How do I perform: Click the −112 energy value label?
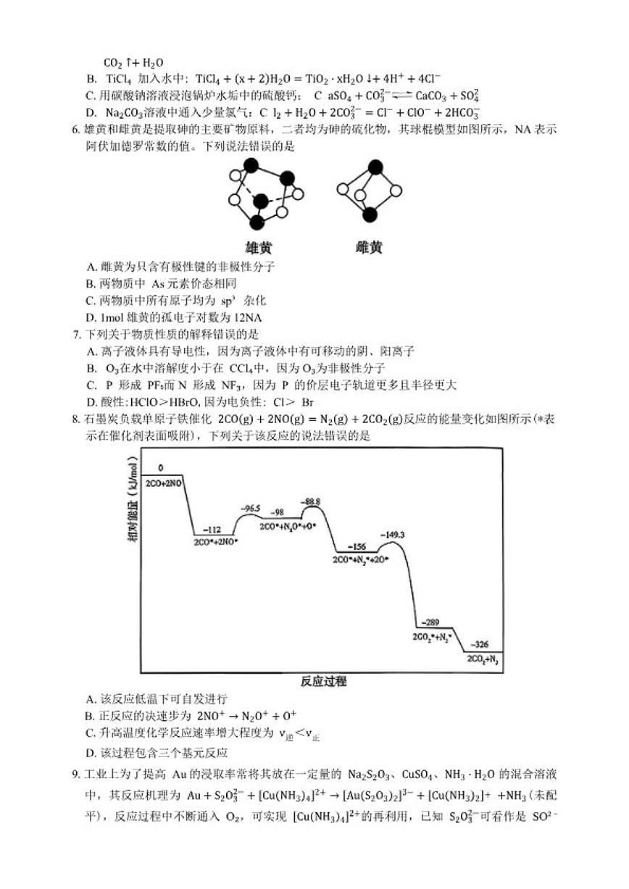click(x=212, y=530)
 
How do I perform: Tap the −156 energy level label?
click(x=357, y=548)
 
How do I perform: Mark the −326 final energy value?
click(x=480, y=644)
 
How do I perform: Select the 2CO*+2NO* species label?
click(x=216, y=541)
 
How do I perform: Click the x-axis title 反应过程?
click(x=323, y=681)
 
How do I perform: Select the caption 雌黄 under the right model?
click(x=369, y=247)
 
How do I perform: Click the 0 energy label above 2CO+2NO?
click(x=160, y=468)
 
